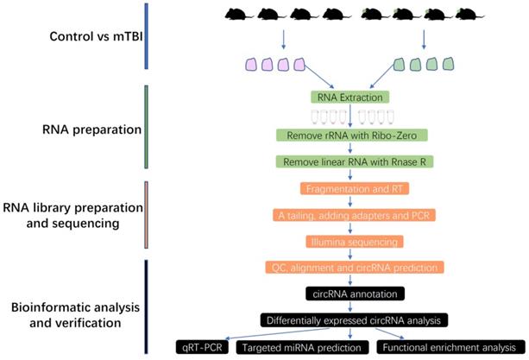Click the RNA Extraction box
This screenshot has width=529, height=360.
350,98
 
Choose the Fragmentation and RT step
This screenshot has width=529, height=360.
350,189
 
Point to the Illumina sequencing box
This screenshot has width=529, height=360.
350,241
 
